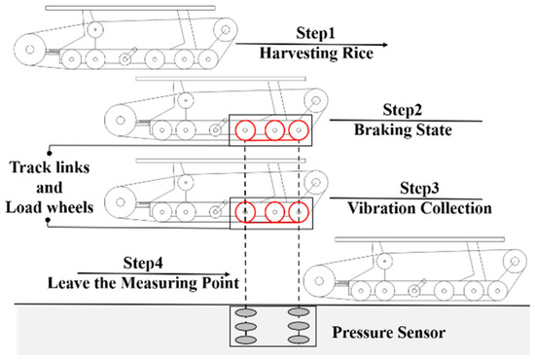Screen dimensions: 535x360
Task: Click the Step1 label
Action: (315, 33)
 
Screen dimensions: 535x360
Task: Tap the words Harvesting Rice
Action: (316, 54)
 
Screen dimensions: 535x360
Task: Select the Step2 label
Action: (403, 110)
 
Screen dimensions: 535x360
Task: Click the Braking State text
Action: (403, 130)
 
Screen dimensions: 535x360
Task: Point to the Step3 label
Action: (419, 189)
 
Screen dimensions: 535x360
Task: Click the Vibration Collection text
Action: (419, 208)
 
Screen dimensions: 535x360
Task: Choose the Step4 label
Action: (143, 263)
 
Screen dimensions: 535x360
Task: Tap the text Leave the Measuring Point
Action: (143, 283)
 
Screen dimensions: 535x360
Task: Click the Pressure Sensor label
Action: (389, 333)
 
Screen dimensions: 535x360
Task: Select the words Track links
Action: (50, 167)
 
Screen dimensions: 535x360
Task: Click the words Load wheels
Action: (50, 207)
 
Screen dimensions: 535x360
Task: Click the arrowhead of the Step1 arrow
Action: (385, 45)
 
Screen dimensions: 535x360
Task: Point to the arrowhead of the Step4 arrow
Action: (228, 274)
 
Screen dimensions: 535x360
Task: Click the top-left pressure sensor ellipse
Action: (246, 312)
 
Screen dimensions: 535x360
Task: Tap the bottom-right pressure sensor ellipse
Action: (299, 340)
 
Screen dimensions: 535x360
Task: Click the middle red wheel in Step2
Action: (274, 121)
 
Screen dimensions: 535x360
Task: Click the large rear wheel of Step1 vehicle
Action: (15, 50)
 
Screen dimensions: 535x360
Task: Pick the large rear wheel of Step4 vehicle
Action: (304, 281)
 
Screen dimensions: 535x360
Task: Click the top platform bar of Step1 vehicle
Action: (130, 8)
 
